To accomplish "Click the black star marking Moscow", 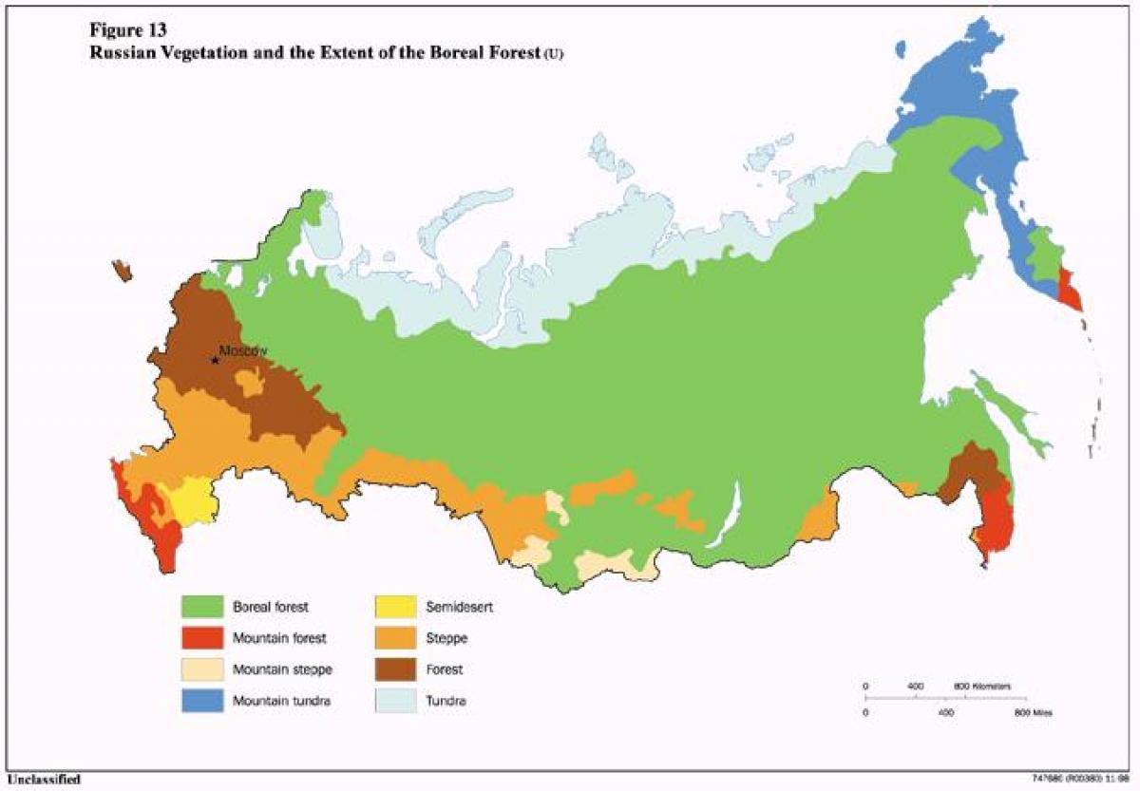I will [x=216, y=360].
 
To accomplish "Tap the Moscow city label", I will [x=243, y=350].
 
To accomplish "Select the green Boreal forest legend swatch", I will [x=202, y=605].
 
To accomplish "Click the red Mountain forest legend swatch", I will [x=202, y=637].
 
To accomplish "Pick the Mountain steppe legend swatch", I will [x=202, y=669].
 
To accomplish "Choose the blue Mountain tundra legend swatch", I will [x=202, y=702].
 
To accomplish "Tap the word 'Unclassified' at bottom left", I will [x=41, y=780].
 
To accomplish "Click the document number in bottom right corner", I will [x=1082, y=778].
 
